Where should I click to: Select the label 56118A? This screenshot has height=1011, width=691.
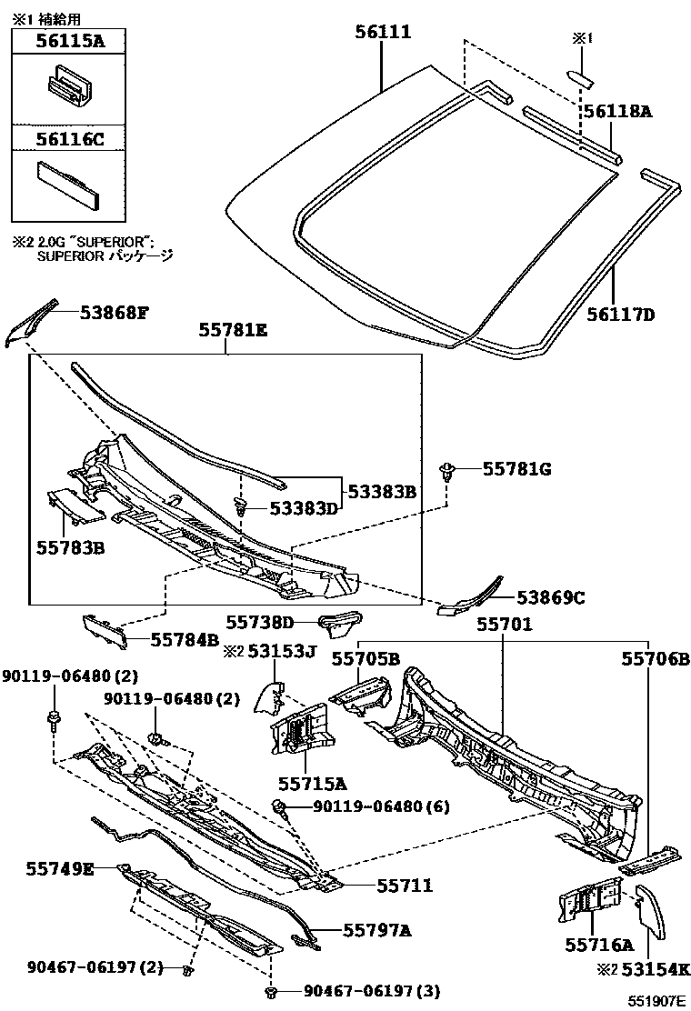point(617,112)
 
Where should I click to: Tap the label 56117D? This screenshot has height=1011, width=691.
point(622,315)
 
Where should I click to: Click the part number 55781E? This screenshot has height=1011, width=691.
point(233,333)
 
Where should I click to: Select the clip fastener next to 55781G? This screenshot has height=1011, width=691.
point(447,470)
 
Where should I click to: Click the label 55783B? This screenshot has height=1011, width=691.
point(70,547)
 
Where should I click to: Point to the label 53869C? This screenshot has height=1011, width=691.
point(550,597)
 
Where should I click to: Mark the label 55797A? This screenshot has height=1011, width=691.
point(377,929)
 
